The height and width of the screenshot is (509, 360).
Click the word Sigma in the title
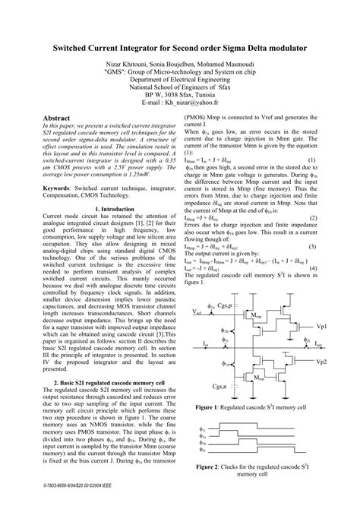[x=242, y=48]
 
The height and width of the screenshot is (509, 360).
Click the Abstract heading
[x=59, y=119]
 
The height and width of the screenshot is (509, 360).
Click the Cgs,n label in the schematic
[x=222, y=386]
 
